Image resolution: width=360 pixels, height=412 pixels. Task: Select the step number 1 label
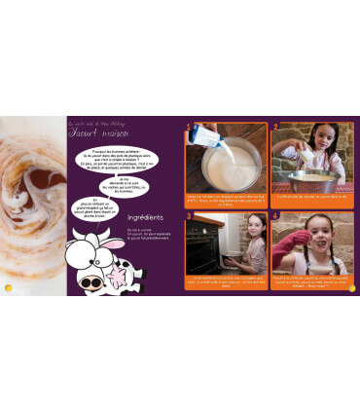tap(188, 127)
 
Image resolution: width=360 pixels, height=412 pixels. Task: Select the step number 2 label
tap(275, 127)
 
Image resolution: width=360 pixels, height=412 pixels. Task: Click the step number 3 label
tap(188, 215)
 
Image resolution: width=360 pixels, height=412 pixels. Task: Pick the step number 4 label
tap(275, 215)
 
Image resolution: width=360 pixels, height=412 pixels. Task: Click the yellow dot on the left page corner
tap(9, 288)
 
